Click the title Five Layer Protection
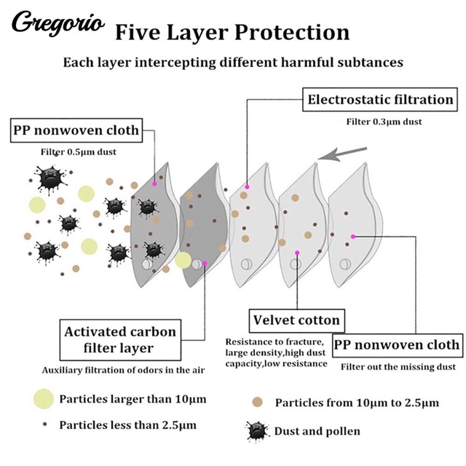click(x=232, y=32)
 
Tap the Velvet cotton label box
click(x=296, y=320)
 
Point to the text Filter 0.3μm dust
click(x=383, y=121)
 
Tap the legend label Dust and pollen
click(x=317, y=431)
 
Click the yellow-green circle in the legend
click(x=43, y=399)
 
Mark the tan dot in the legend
click(x=257, y=403)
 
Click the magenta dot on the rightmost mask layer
click(x=353, y=236)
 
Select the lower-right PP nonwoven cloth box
click(x=397, y=344)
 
